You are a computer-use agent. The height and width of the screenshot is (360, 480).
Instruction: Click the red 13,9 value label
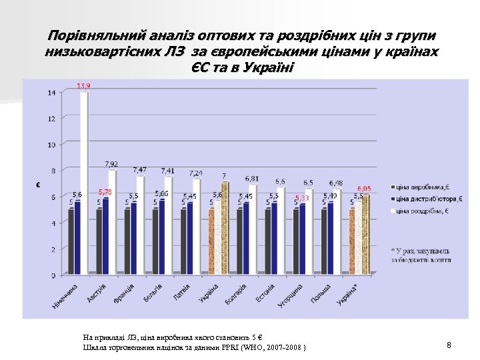83,86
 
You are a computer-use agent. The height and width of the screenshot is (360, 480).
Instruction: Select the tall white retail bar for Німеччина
85,180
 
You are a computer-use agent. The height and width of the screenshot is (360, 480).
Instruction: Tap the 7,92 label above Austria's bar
111,163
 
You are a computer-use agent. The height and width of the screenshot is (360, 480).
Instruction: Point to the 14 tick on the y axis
51,93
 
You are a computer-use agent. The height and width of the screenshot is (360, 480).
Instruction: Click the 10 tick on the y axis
51,145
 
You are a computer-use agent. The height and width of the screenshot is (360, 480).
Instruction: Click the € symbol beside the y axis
37,185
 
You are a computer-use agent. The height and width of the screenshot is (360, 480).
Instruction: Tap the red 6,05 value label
365,189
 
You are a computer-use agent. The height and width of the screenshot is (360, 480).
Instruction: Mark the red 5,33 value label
301,198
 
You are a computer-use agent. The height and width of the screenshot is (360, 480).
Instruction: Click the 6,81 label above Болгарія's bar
252,179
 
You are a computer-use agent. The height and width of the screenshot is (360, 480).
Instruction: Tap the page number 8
449,345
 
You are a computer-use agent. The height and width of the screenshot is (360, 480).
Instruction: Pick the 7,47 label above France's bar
140,170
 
